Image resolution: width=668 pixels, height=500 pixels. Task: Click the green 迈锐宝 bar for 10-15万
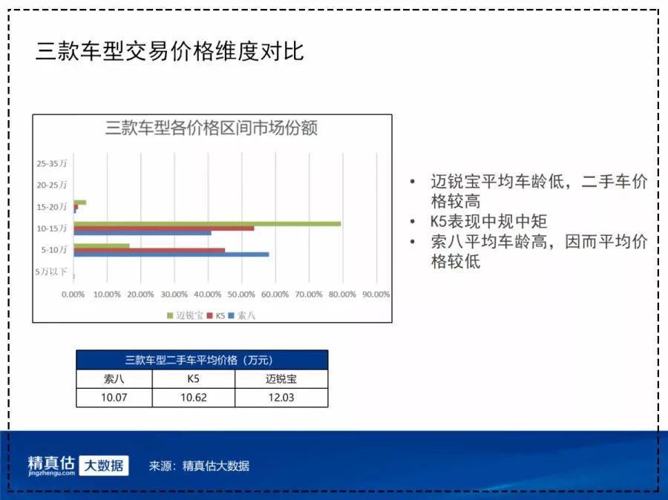point(207,223)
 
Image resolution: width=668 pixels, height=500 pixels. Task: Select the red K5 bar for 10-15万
point(163,228)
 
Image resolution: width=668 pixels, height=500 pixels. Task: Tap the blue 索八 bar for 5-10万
point(171,254)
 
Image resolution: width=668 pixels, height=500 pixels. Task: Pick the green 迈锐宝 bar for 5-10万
point(101,246)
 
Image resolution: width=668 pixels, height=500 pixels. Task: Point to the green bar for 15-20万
point(79,202)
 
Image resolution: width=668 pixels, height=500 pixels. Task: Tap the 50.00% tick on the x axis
point(242,295)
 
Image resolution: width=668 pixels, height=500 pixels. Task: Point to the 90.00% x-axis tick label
point(376,295)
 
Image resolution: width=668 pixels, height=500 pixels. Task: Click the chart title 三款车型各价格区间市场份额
point(212,128)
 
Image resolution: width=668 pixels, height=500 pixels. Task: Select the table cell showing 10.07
point(114,398)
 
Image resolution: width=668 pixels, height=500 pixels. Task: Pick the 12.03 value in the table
point(281,398)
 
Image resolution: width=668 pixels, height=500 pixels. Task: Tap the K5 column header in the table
point(193,379)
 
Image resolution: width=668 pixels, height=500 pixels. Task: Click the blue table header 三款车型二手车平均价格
point(201,361)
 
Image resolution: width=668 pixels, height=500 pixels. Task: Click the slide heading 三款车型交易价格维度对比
point(170,51)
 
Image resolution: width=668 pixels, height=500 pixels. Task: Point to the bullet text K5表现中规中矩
point(488,222)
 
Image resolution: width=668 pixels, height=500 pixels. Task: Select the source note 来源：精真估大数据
point(199,466)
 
